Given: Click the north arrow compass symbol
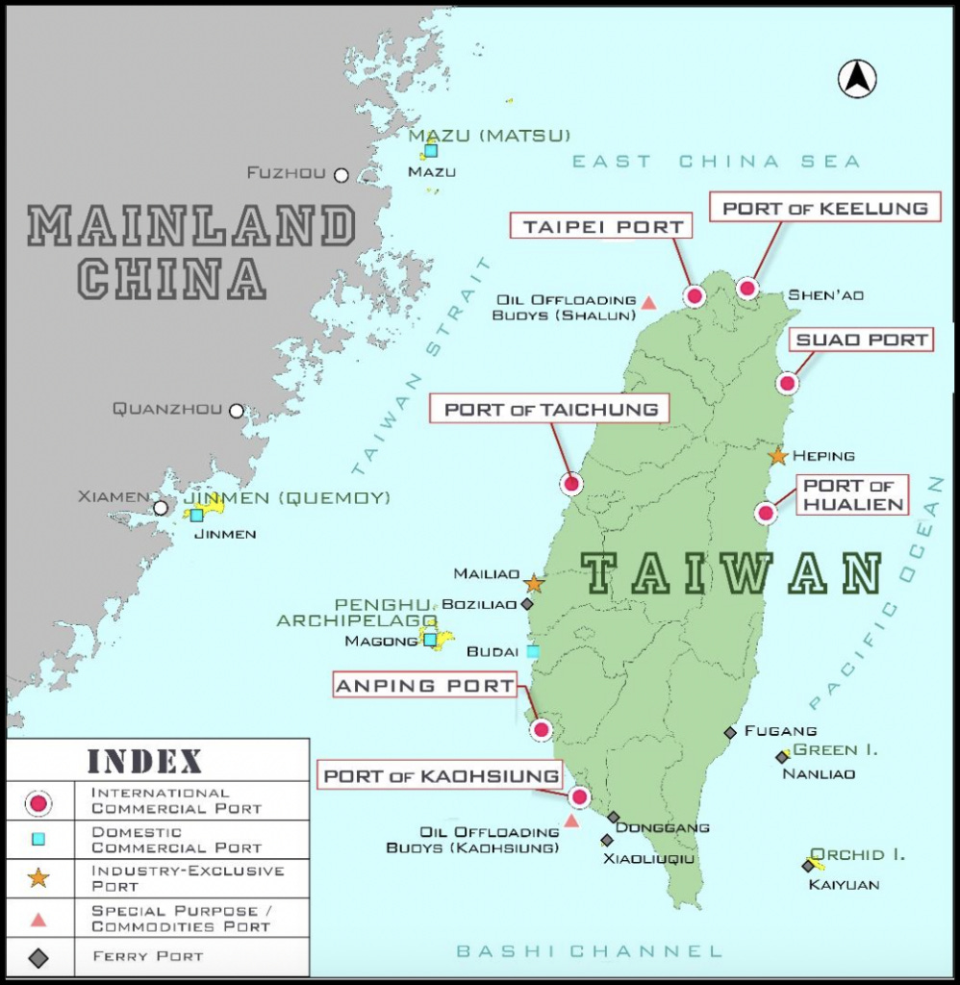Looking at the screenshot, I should point(857,79).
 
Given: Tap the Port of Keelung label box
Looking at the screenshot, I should point(825,208).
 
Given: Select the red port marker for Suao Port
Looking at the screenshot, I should point(788,384).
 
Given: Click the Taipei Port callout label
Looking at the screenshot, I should point(603,227).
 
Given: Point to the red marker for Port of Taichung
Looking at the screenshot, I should point(572,484).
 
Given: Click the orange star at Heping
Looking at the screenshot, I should point(778,456).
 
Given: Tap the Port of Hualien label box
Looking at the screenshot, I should point(853,494).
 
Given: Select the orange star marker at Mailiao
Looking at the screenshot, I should point(534,583).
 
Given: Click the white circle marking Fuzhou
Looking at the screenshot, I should point(341,175).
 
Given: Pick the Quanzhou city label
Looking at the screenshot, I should point(167,409).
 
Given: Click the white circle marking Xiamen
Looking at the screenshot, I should point(161,508).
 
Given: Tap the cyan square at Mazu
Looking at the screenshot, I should point(431,150).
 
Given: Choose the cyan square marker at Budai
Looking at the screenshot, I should point(532,651).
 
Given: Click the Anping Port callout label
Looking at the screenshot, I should point(424,686).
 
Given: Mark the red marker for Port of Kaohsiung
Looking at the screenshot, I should point(579,796).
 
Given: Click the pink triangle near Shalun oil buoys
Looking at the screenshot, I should point(648,303).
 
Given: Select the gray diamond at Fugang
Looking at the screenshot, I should point(730,733).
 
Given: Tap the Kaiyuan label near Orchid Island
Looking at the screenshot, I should point(843,884).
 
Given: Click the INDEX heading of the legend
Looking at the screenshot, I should point(145,761).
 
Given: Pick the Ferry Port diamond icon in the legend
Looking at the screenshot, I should point(38,957).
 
